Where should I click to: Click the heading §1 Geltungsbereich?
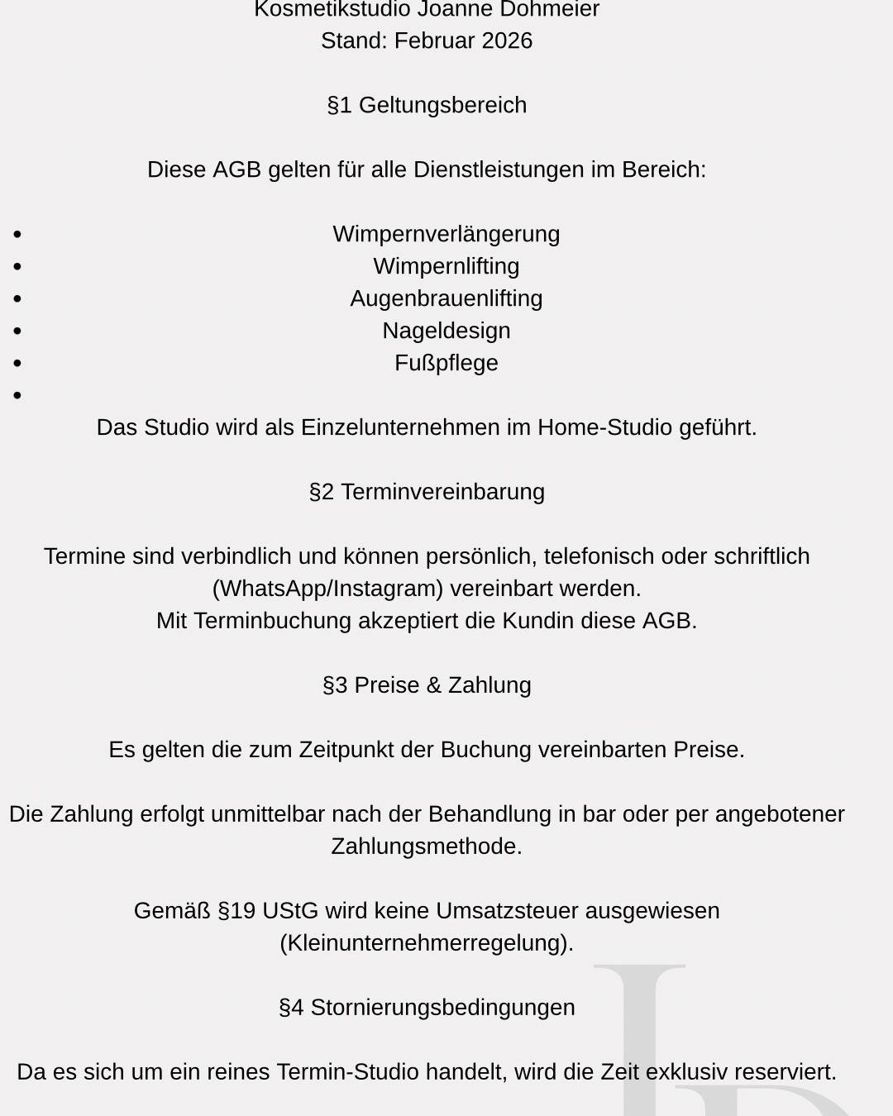(427, 105)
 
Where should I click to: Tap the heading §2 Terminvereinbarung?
(427, 492)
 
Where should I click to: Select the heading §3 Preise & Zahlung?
(427, 685)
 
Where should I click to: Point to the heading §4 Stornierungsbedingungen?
(427, 1008)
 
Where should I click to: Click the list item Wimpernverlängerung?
(446, 234)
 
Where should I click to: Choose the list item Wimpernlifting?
(446, 266)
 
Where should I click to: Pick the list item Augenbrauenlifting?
(446, 298)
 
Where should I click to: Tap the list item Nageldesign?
(446, 331)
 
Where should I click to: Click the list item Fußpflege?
(446, 363)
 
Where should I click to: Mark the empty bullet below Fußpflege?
(17, 396)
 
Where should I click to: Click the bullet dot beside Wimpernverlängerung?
(17, 235)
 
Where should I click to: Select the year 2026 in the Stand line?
(507, 41)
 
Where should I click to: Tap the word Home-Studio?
(604, 427)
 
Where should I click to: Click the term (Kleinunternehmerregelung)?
(427, 943)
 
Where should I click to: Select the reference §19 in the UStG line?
(236, 911)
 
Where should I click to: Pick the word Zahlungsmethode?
(427, 847)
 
